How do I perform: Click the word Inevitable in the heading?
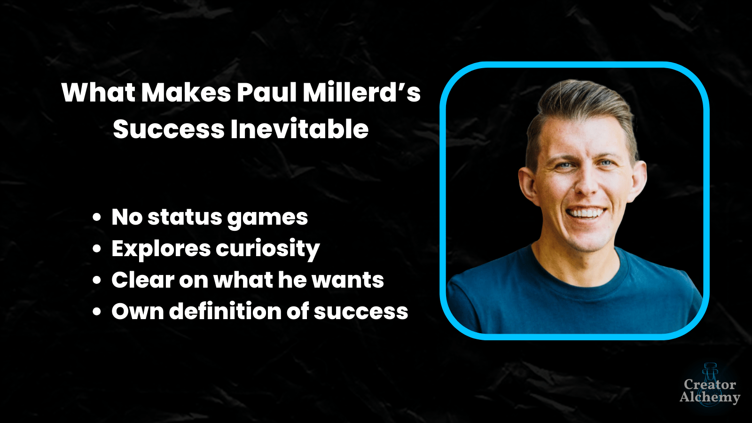[x=299, y=129]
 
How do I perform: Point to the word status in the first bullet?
[x=185, y=217]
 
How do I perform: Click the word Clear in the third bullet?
[x=142, y=279]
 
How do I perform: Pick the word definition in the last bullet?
[x=225, y=311]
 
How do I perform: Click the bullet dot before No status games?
[x=97, y=217]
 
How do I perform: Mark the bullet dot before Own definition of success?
[x=97, y=312]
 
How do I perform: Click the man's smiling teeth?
[x=586, y=213]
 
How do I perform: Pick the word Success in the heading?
[x=169, y=129]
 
